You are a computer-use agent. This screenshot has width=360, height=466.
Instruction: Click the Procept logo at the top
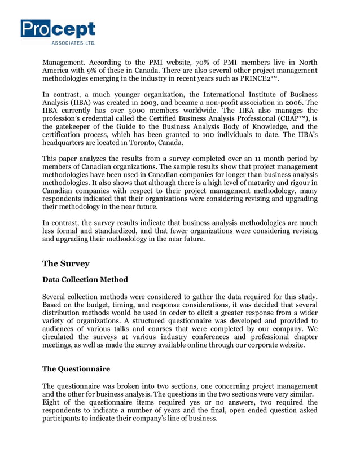(x=58, y=29)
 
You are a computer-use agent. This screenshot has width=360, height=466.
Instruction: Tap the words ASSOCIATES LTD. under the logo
(x=73, y=42)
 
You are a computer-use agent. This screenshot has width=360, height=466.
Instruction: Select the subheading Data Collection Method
(x=85, y=280)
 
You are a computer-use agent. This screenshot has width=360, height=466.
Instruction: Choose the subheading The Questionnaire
(x=76, y=369)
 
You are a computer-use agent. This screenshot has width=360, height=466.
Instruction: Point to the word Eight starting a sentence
(x=52, y=402)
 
